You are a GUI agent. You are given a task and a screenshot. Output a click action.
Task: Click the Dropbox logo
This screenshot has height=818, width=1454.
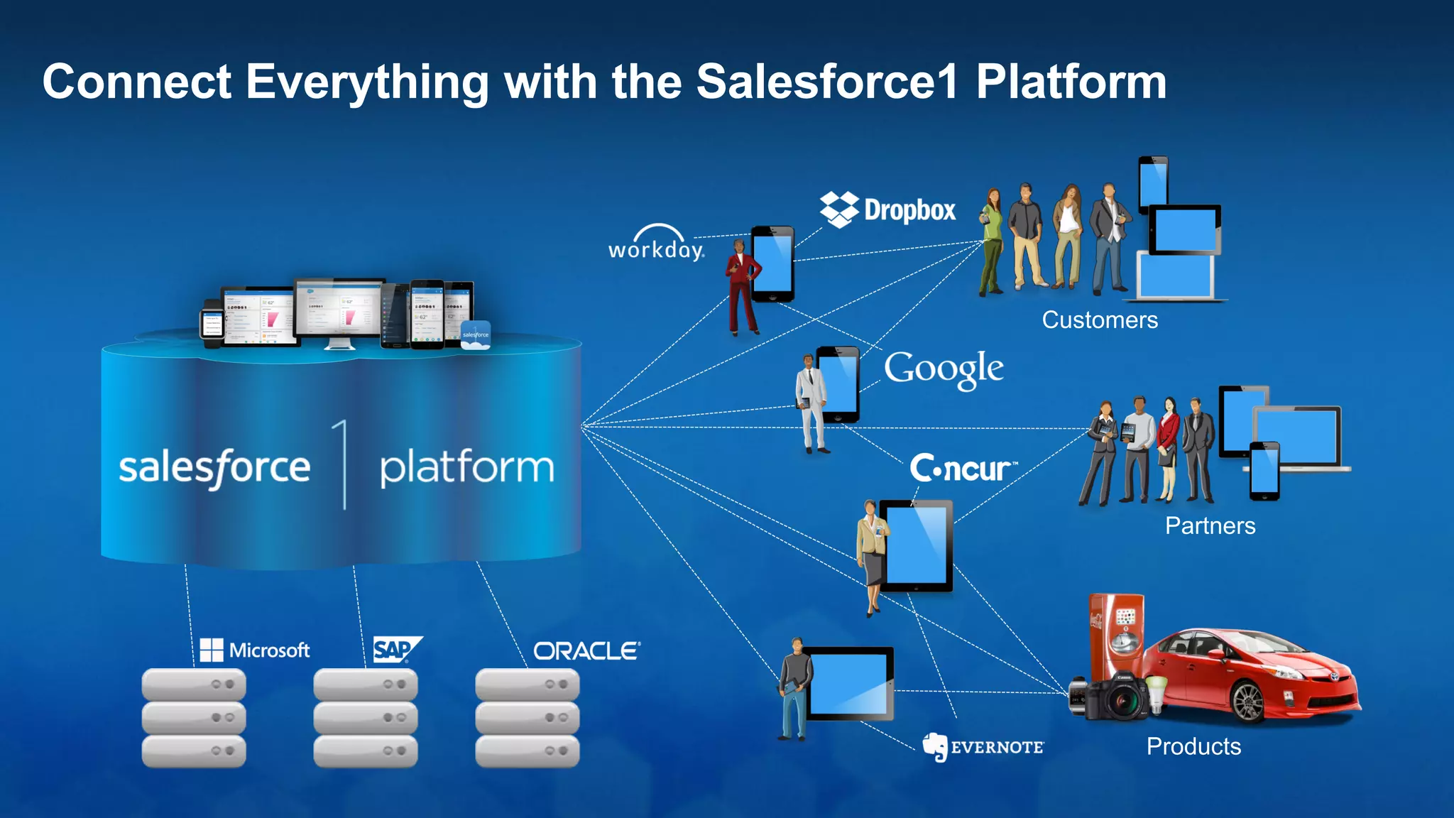pos(887,209)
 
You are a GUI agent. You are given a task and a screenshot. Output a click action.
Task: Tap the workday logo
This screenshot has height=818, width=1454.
pos(656,244)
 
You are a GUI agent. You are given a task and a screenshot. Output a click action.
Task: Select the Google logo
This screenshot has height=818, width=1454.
pos(943,369)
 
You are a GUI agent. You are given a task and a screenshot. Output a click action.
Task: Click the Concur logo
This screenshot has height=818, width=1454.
pos(962,468)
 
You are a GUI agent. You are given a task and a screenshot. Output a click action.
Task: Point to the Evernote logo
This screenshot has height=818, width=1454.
pos(983,747)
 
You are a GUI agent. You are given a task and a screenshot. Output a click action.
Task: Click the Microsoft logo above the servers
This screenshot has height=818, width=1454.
pos(255,650)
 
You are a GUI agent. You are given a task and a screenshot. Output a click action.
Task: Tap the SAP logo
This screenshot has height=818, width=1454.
pos(396,649)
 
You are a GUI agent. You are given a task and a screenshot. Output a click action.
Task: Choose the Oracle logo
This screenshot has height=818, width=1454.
pos(586,650)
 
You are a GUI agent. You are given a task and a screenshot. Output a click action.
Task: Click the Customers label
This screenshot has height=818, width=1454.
pos(1099,320)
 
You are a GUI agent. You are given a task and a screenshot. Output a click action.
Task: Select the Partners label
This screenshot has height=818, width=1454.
pos(1210,525)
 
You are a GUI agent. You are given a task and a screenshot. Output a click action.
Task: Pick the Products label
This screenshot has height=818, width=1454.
pos(1193,746)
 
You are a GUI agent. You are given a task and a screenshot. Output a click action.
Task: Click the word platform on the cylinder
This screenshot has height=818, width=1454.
pos(466,468)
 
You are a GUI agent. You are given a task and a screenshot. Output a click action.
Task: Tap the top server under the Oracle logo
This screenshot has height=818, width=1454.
pos(527,685)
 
